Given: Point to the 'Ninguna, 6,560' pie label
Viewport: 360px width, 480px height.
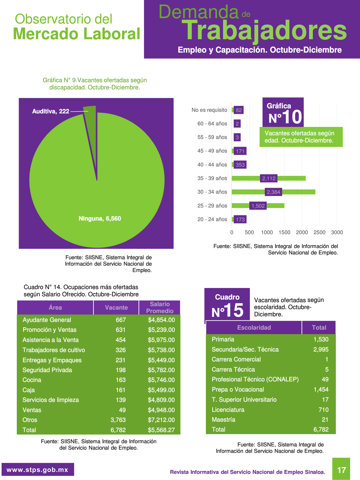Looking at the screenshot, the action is click(x=100, y=219).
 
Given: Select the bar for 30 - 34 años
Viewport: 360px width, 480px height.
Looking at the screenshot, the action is click(x=273, y=192).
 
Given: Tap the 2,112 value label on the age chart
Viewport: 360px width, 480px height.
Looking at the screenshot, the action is click(x=269, y=178).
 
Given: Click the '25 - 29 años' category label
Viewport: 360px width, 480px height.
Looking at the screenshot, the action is click(x=212, y=206).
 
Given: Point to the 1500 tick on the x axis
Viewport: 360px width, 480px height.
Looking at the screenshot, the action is click(x=285, y=232).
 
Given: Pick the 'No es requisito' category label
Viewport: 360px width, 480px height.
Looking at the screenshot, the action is click(x=209, y=110).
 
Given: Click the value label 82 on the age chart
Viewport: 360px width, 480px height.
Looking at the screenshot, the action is click(x=239, y=110).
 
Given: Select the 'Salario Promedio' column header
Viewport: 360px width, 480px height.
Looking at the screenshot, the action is click(x=160, y=307).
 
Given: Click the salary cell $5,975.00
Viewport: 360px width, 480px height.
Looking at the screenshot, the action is click(x=161, y=340).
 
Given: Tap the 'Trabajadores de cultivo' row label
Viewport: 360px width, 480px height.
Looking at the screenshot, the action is click(x=54, y=350).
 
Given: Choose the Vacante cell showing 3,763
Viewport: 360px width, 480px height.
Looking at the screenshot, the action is click(x=118, y=420).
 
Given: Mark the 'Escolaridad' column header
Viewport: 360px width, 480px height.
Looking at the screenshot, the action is click(x=254, y=327).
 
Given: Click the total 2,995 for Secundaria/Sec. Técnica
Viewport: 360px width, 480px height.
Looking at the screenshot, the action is click(x=321, y=350).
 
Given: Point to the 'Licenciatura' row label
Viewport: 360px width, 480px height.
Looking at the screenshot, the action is click(x=228, y=410).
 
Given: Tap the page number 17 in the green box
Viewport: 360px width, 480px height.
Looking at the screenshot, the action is click(x=341, y=470).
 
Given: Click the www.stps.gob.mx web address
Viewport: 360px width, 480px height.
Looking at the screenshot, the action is click(x=37, y=470).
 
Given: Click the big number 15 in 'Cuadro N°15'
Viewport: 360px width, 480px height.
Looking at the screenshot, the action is click(x=234, y=310).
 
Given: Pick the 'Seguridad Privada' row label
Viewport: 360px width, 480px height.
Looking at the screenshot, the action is click(x=47, y=370).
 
